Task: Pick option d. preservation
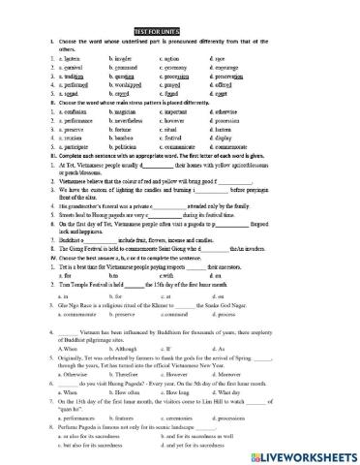click(231, 77)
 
